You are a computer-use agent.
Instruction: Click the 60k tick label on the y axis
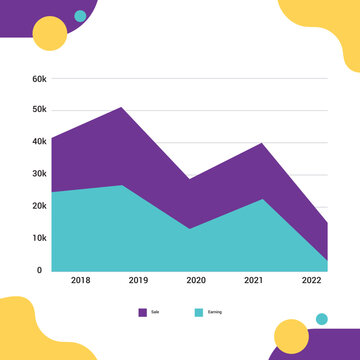click(39, 78)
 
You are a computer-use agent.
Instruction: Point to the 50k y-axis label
click(39, 109)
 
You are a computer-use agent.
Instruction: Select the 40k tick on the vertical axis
click(39, 142)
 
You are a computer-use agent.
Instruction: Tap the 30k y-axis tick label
click(39, 174)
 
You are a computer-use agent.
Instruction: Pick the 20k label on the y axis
click(39, 206)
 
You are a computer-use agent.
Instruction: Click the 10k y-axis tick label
click(39, 238)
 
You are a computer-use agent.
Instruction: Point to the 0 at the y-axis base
click(40, 270)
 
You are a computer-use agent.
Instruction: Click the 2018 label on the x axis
click(81, 281)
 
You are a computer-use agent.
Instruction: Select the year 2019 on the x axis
click(138, 281)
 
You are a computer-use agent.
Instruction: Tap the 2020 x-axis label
click(196, 281)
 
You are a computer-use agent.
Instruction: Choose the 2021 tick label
click(253, 281)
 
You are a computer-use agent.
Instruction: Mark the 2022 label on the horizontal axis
click(311, 281)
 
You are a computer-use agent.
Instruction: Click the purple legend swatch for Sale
click(143, 312)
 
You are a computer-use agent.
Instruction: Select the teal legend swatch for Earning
click(199, 312)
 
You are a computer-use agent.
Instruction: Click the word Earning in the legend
click(215, 312)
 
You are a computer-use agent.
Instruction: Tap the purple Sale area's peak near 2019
click(121, 108)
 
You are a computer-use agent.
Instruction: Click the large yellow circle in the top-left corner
click(50, 34)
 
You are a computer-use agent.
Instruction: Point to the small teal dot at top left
click(80, 16)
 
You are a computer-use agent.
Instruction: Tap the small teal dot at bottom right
click(321, 319)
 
